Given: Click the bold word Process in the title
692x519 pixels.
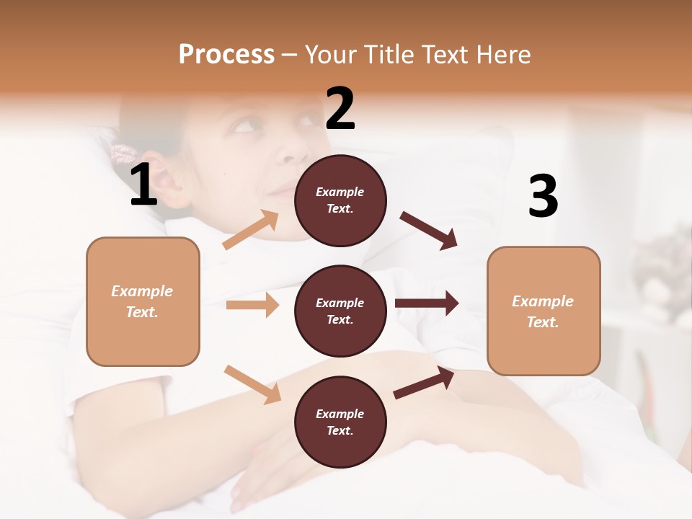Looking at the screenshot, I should coord(226,54).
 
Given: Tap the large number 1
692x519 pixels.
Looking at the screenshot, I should coord(143,185).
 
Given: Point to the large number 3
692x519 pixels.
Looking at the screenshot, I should coord(543,196).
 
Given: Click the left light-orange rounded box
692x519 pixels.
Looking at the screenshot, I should coord(143,301).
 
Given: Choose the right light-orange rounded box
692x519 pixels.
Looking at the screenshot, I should coord(544,311).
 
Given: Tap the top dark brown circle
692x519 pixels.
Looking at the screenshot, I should coord(340,200).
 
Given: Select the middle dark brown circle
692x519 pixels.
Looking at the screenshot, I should coord(340,311).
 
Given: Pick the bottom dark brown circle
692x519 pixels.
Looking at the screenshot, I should coord(340,422).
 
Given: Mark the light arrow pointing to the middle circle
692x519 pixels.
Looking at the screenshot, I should coord(252,305).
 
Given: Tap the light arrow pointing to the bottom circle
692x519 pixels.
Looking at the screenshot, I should coord(252,384).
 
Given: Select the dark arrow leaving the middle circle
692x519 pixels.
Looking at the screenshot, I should coord(427,303).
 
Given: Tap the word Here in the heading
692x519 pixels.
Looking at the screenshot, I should coord(505,54).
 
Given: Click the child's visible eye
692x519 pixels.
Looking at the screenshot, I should coord(245,127).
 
